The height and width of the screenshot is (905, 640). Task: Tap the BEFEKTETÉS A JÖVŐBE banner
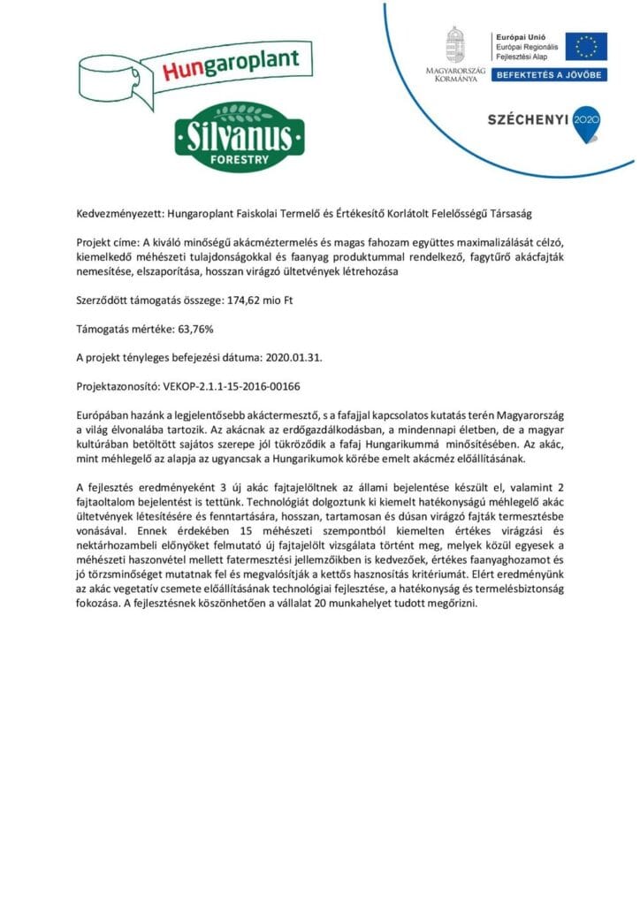point(549,76)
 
